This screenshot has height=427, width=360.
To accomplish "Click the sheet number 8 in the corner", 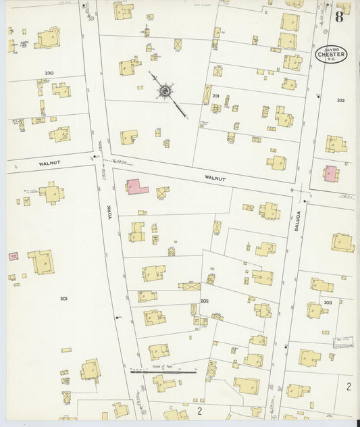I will coord(338,16).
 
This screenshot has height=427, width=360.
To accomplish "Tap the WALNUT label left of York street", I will coord(50,163).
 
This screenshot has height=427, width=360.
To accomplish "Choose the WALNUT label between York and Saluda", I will coord(215,178).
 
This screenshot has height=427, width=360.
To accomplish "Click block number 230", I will coord(49,73).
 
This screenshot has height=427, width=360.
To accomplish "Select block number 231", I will coord(215,97).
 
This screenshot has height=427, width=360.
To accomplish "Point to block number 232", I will coord(340,100).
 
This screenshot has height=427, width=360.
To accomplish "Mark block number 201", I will coord(63,298).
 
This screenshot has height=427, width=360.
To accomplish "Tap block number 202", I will coord(204,301).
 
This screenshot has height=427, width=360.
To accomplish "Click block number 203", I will coord(328,302).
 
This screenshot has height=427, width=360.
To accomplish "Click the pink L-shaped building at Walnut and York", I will coord(136,186).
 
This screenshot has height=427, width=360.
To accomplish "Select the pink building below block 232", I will coord(330,174).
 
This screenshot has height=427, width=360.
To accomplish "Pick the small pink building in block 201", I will coord(13,256).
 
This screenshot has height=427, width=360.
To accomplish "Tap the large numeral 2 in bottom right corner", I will coord(349,386).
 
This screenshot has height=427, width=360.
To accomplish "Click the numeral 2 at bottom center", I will coord(199,410).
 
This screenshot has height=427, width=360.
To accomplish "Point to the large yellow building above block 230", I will coord(48,39).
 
